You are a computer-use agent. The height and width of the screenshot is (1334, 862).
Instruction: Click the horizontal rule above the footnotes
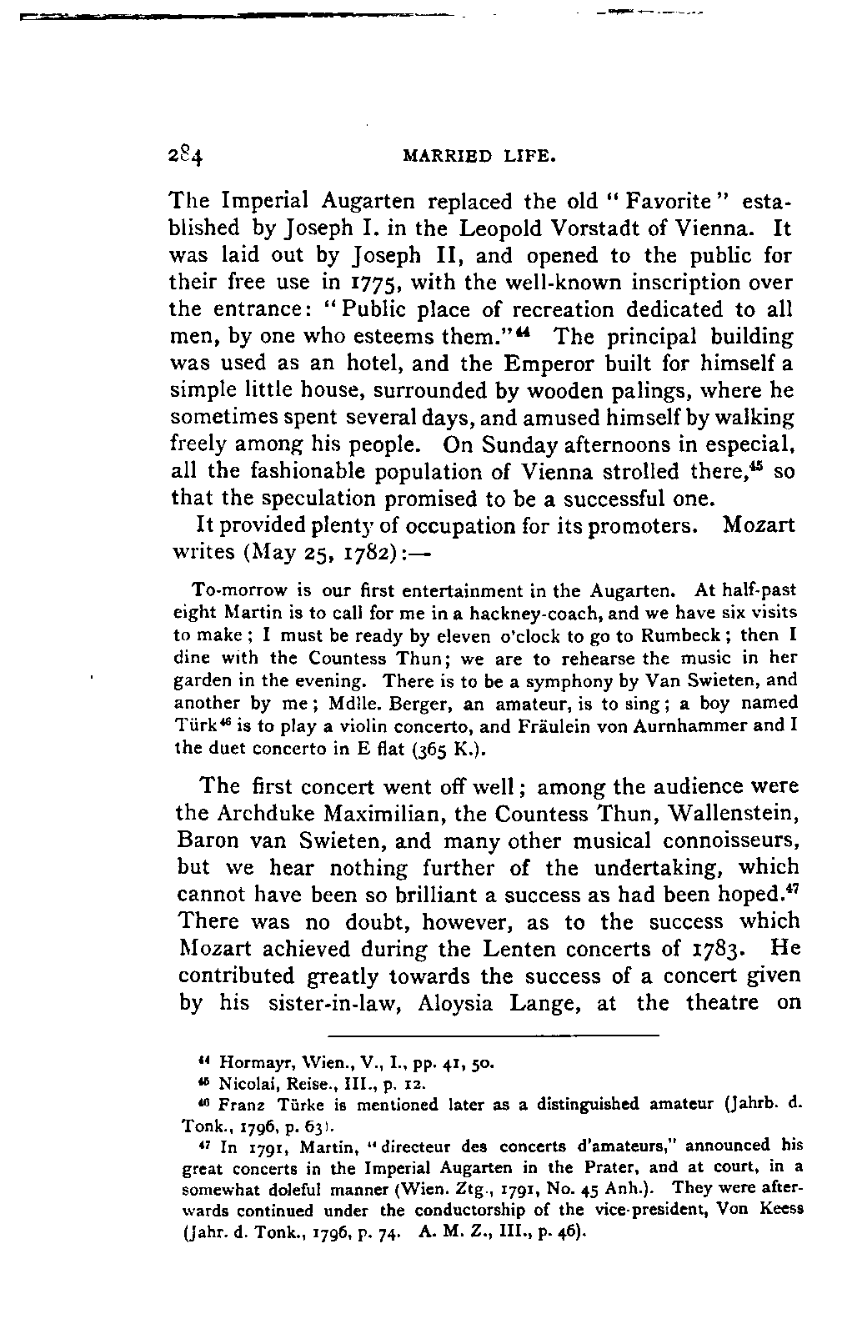click(x=494, y=1036)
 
